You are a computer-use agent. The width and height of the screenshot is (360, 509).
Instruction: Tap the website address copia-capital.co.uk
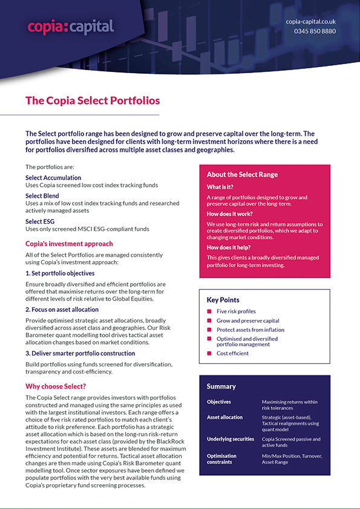click(310, 21)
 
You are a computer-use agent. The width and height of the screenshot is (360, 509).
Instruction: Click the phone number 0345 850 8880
click(315, 31)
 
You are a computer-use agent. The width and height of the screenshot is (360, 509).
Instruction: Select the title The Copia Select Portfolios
click(93, 100)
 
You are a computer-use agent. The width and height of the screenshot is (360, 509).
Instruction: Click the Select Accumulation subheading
click(53, 178)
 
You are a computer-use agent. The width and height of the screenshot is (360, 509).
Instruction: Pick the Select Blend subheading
click(42, 196)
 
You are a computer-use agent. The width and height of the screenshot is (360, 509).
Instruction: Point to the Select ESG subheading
click(41, 222)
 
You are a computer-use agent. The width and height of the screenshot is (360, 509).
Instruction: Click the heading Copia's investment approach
click(69, 244)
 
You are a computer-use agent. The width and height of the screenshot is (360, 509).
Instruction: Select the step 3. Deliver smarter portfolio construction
click(80, 353)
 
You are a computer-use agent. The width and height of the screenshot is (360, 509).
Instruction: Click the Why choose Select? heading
click(56, 386)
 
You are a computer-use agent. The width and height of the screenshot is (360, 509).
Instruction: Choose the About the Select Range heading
click(242, 175)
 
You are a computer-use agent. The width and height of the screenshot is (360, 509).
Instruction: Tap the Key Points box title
click(223, 300)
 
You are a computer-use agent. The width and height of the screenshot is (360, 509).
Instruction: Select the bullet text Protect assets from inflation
click(250, 329)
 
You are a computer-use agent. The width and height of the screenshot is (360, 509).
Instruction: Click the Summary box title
click(221, 386)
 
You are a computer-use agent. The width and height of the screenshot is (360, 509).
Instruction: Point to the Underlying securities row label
click(231, 439)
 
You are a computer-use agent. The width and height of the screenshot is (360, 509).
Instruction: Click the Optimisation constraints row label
click(221, 459)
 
